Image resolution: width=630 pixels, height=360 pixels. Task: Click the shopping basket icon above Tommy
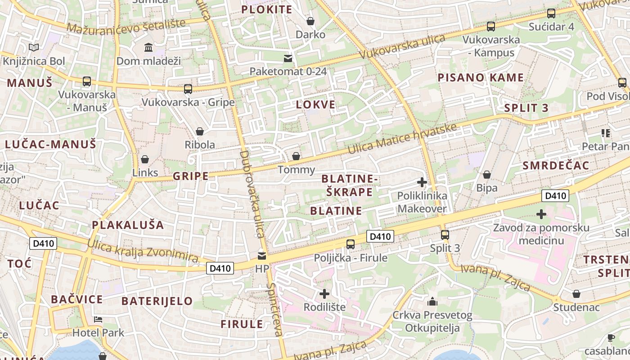[296, 156]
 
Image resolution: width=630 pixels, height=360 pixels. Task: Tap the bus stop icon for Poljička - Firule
[351, 244]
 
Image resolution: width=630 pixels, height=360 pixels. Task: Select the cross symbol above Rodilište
[324, 294]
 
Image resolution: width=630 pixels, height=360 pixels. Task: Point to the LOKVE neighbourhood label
[316, 105]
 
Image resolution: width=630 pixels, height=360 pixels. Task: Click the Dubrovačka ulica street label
[252, 193]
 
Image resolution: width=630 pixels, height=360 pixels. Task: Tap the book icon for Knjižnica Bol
[34, 47]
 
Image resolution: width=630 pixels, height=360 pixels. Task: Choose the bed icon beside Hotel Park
[98, 319]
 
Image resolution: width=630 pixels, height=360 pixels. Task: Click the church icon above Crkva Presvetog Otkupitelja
[432, 301]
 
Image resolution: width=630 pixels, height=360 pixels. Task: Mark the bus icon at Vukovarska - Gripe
[188, 89]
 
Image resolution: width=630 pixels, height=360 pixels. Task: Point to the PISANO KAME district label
[481, 78]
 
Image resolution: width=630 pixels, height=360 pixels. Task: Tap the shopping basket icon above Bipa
[487, 175]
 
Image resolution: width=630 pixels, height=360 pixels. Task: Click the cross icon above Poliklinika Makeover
[422, 182]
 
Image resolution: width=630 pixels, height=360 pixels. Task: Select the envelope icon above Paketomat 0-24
[288, 58]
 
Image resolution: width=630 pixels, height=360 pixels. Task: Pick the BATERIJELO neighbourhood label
[157, 301]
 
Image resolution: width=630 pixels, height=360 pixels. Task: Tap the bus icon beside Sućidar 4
[551, 13]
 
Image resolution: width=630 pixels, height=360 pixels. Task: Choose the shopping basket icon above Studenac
[576, 294]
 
